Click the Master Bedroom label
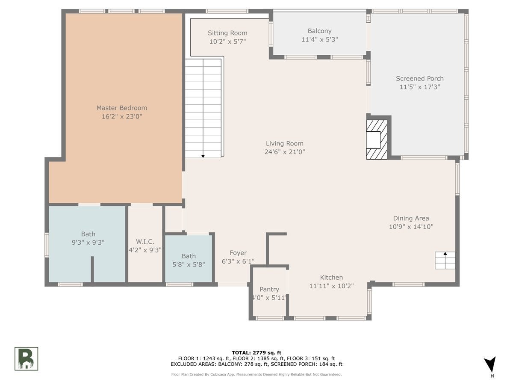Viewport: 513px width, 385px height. pos(122,108)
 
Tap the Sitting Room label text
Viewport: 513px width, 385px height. pos(227,33)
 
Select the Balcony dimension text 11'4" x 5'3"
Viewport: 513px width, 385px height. pos(319,39)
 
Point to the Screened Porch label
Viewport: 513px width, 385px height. pos(419,79)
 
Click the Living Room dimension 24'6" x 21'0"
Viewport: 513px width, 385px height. pos(284,152)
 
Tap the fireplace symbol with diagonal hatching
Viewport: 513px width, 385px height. pos(377,139)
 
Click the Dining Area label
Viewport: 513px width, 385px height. pos(411,218)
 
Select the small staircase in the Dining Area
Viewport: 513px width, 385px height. pos(445,261)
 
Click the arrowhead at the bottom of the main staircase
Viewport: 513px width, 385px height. pos(203,156)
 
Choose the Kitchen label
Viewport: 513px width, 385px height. pos(331,278)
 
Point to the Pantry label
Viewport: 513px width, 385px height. pos(269,290)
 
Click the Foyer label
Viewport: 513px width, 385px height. pos(238,253)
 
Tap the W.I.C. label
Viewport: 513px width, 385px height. pos(145,241)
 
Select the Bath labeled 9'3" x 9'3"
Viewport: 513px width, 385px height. pos(88,238)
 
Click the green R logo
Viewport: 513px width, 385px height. pos(26,358)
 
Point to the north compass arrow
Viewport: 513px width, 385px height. pos(490,364)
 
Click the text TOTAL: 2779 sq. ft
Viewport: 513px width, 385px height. pos(256,353)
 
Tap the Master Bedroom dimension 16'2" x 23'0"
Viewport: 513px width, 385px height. pos(122,116)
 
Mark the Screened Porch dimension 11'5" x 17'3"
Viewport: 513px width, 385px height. pos(419,87)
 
